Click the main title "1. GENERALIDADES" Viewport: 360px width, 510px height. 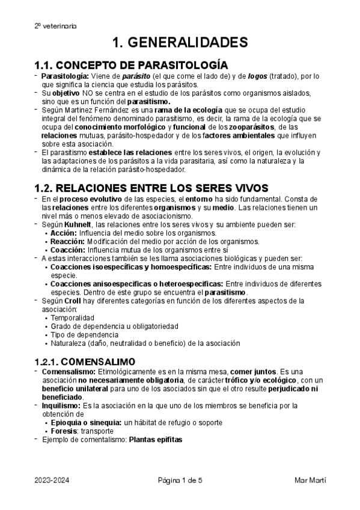coord(180,43)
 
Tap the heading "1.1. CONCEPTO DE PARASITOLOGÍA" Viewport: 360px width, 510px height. coord(130,65)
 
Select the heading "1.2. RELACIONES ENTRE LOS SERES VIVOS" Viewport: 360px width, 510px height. coord(151,188)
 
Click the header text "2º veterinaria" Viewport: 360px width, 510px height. coord(55,26)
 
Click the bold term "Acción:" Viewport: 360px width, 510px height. coord(63,233)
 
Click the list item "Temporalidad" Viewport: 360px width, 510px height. coord(72,318)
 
